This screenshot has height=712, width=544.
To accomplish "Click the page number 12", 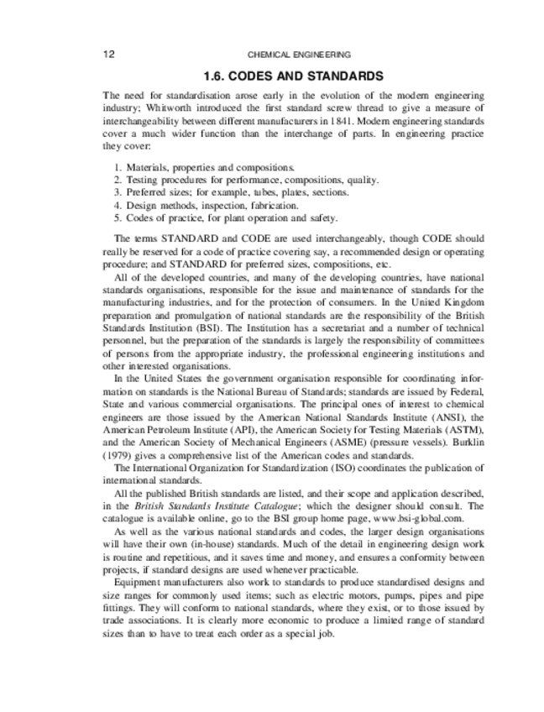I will pos(108,55).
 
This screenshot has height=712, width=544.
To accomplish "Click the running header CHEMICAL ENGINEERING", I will pos(299,55).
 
